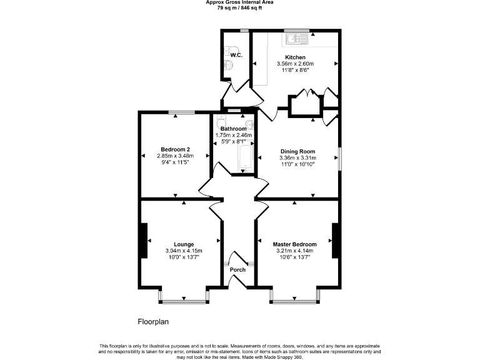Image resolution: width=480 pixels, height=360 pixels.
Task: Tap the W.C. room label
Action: tap(236, 56)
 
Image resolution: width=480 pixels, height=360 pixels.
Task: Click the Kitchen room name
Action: tap(295, 57)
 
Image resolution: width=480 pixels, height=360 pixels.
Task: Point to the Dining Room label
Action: tap(297, 151)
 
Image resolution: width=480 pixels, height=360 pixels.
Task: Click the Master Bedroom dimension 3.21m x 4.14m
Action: tap(295, 251)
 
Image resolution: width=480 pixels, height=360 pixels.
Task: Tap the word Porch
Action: tap(238, 270)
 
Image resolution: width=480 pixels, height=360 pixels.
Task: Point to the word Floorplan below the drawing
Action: tap(153, 322)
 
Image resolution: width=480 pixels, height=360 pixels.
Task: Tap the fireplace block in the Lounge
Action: tap(144, 240)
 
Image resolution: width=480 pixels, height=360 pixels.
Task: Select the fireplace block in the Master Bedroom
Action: tap(336, 240)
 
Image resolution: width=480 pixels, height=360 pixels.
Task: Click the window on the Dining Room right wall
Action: tap(339, 159)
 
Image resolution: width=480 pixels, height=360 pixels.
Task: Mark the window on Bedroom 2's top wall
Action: tap(181, 112)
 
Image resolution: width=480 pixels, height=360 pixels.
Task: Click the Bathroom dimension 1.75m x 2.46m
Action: tap(234, 135)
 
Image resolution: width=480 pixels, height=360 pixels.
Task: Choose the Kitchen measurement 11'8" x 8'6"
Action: tap(295, 70)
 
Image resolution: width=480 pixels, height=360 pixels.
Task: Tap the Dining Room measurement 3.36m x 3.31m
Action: tap(297, 157)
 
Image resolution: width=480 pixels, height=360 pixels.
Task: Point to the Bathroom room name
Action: tap(234, 129)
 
